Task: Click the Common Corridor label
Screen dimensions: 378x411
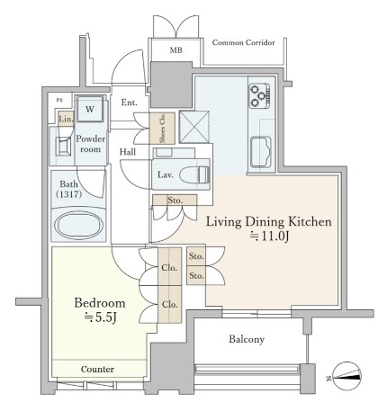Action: [243, 42]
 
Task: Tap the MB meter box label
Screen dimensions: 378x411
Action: [175, 50]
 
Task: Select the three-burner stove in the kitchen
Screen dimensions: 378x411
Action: [260, 96]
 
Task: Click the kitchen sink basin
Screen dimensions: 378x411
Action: [261, 152]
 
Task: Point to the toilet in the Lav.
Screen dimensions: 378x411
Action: [194, 174]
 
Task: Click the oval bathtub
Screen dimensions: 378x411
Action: [78, 225]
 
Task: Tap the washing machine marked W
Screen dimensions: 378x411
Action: [90, 109]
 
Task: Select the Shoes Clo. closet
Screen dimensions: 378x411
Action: [162, 129]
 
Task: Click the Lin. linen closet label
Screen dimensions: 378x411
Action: [66, 119]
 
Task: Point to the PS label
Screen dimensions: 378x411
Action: [59, 100]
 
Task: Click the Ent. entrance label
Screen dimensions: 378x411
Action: [129, 103]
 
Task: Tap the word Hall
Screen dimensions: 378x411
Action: [128, 152]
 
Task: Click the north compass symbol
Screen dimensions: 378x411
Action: [347, 377]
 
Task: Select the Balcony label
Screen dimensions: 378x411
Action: [247, 339]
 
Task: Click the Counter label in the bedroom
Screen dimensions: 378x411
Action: [97, 369]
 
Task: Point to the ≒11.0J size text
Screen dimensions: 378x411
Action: [269, 237]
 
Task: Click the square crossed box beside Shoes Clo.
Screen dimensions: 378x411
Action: [194, 127]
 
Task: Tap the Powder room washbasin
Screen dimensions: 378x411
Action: [63, 147]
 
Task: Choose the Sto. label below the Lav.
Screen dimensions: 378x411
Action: [175, 201]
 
